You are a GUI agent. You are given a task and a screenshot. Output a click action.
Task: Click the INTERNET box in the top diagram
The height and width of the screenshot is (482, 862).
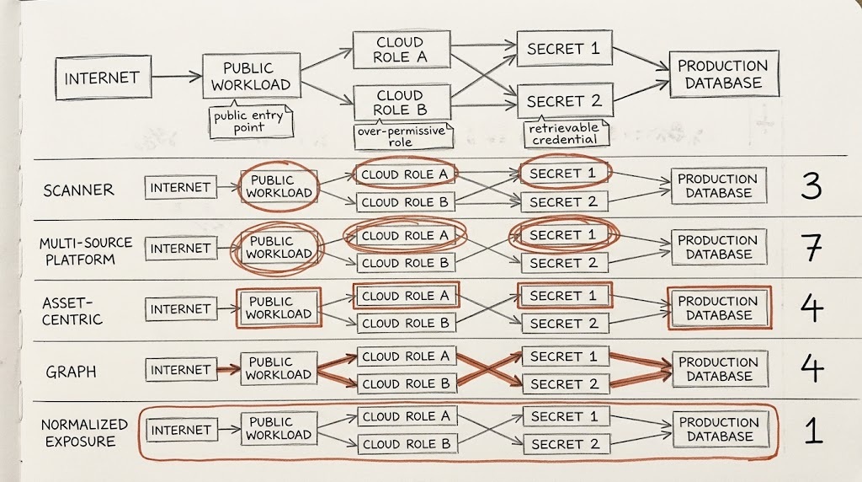tap(104, 78)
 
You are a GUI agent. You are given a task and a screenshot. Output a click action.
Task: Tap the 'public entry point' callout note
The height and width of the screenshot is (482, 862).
tap(250, 121)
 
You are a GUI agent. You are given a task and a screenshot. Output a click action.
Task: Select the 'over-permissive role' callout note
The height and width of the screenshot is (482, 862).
tap(403, 136)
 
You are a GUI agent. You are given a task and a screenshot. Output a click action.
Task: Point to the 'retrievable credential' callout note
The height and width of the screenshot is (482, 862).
tap(565, 132)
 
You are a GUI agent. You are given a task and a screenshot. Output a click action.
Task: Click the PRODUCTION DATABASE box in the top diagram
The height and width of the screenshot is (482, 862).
tap(723, 74)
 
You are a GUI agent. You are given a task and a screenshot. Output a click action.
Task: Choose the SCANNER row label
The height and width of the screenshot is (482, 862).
tap(78, 190)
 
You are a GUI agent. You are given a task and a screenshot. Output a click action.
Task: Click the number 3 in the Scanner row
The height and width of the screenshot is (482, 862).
tap(811, 186)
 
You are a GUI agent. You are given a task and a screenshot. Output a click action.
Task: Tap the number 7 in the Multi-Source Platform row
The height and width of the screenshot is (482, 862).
tap(811, 248)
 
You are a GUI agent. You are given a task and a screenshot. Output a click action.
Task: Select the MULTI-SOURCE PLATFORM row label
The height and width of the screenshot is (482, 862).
tap(85, 251)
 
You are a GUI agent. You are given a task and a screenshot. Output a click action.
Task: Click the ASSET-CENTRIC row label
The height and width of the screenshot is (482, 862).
tap(72, 311)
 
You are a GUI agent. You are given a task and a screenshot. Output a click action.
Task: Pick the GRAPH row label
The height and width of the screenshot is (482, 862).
tap(71, 372)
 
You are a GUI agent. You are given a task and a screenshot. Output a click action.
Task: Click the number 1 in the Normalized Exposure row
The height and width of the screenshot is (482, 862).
tap(813, 430)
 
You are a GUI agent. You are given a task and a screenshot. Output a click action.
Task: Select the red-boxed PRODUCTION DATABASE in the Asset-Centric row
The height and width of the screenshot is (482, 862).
tap(719, 308)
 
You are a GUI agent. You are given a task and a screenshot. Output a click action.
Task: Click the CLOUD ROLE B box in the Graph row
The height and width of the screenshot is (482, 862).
tap(407, 383)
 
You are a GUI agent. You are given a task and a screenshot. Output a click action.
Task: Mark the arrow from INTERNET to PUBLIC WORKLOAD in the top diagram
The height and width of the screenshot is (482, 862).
tap(177, 77)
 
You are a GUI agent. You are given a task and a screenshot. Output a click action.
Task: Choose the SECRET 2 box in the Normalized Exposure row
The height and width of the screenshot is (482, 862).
tap(565, 444)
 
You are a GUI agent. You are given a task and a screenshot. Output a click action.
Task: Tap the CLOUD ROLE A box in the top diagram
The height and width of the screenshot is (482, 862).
tap(402, 50)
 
